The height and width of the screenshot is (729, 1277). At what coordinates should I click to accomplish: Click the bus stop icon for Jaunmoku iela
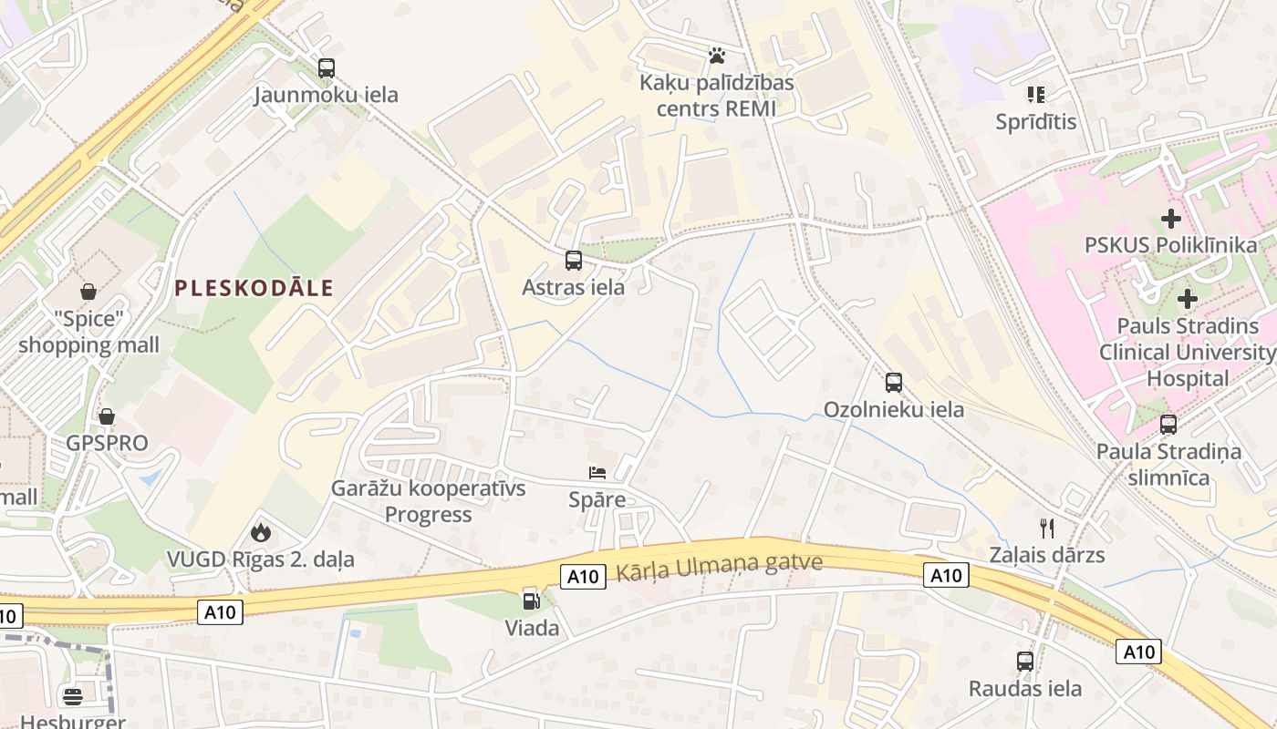326,67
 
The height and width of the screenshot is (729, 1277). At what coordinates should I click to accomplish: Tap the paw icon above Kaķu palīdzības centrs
717,56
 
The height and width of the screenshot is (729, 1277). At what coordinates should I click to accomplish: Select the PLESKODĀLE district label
254,288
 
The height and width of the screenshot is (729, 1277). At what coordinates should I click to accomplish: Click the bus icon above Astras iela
574,261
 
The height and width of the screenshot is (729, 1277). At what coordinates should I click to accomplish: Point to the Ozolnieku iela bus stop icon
894,383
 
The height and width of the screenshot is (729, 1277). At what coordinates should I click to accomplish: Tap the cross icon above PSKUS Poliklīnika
1170,219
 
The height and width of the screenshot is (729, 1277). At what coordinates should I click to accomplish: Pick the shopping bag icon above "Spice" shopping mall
89,292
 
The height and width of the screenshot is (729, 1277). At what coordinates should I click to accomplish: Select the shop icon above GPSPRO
107,416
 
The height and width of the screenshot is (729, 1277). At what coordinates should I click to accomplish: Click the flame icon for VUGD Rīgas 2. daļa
261,532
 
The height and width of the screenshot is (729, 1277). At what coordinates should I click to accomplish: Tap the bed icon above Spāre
597,473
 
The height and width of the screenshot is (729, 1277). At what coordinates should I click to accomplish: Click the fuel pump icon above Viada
531,601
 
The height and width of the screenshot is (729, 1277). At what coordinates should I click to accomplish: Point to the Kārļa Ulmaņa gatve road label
720,566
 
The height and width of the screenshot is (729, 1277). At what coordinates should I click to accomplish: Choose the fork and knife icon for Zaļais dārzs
1047,528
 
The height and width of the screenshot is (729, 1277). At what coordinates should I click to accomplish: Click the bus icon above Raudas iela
1025,662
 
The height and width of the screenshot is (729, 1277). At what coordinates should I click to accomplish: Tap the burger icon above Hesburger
73,697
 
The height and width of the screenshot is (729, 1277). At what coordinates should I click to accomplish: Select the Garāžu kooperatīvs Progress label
428,501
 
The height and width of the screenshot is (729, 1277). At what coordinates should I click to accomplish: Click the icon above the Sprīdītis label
1035,94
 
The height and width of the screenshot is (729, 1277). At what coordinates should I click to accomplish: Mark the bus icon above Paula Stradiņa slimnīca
1168,424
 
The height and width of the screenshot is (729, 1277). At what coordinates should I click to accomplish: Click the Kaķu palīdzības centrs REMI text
717,96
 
